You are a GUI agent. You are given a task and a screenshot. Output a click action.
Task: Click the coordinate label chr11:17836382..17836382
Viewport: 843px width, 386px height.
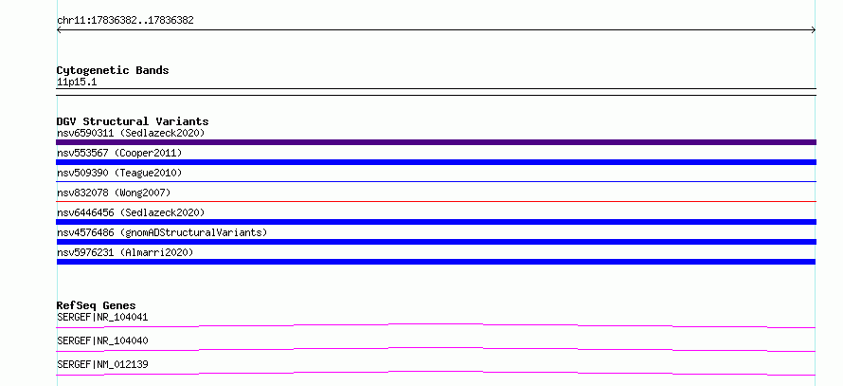(125, 21)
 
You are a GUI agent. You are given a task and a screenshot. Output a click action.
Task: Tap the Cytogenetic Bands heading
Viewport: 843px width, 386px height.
(113, 70)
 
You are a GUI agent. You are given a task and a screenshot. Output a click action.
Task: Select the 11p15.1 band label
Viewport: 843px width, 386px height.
(77, 83)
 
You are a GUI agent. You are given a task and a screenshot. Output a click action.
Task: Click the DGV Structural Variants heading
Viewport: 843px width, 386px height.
(133, 121)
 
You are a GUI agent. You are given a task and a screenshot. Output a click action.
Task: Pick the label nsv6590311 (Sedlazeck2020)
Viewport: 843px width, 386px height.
(131, 133)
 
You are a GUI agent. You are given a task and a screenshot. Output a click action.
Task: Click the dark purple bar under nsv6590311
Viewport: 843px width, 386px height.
(436, 142)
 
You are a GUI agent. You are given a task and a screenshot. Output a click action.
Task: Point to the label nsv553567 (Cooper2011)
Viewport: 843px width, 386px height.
(119, 153)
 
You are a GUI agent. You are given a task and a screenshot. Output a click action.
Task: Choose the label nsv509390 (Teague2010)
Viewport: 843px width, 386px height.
(119, 173)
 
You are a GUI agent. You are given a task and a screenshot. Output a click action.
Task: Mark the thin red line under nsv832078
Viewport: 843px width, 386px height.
(436, 201)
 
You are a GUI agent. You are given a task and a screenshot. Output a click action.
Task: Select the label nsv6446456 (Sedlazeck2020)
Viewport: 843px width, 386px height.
(131, 212)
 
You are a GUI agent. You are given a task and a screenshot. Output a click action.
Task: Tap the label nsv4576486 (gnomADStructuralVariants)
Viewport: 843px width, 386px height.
(162, 232)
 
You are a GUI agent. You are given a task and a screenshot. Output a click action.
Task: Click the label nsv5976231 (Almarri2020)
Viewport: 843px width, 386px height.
(125, 252)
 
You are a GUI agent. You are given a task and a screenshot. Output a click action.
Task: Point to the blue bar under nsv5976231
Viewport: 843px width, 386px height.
(436, 262)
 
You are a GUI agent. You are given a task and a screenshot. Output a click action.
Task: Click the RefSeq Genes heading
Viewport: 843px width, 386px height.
(97, 305)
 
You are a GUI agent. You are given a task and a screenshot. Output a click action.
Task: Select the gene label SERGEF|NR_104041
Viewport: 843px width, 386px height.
(102, 317)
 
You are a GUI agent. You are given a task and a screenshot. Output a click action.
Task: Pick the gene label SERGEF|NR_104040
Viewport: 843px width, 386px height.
(102, 340)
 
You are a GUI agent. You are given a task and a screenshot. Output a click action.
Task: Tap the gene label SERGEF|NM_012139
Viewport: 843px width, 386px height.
(102, 364)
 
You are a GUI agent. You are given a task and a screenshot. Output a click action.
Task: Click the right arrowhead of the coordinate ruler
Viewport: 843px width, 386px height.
(815, 30)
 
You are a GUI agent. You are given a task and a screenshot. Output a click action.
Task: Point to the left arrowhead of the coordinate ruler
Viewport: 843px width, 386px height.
(58, 30)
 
